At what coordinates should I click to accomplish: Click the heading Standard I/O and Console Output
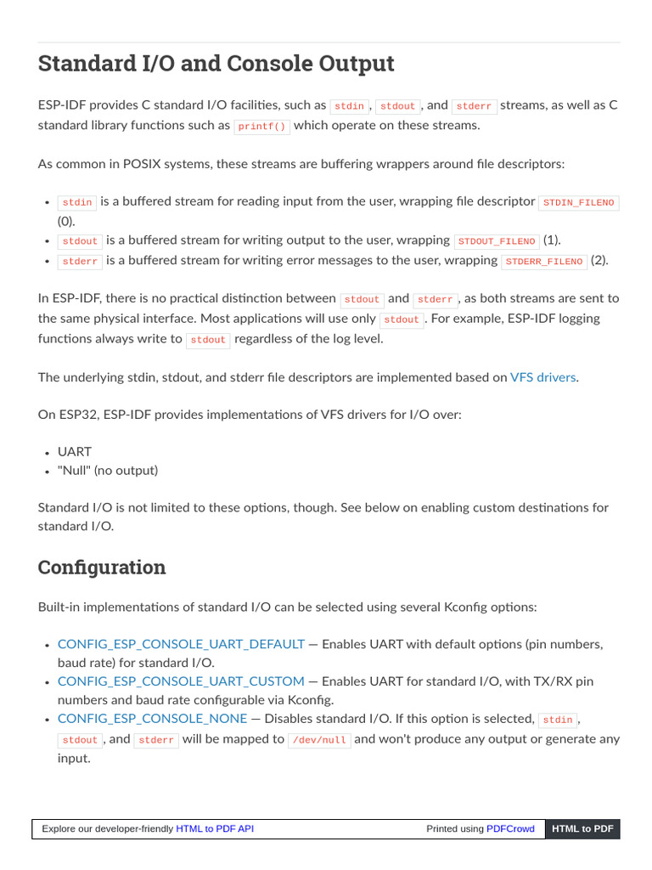point(216,64)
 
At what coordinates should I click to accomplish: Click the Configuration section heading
point(102,568)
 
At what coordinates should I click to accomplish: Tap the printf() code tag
point(262,126)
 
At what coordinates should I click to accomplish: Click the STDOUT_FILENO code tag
point(497,241)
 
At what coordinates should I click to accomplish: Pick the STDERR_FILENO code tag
point(544,262)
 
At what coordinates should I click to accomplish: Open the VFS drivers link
point(543,376)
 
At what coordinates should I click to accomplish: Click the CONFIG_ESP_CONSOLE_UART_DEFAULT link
point(181,644)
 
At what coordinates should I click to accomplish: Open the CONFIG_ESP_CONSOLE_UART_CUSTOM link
point(181,681)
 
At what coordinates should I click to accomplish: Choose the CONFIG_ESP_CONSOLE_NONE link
point(152,719)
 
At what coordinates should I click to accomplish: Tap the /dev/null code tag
point(319,740)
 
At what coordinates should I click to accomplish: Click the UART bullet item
point(75,452)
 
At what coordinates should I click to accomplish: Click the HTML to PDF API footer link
point(215,829)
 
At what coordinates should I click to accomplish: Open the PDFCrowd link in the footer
point(510,829)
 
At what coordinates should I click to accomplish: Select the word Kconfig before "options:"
point(467,607)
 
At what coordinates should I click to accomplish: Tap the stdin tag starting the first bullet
point(77,203)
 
